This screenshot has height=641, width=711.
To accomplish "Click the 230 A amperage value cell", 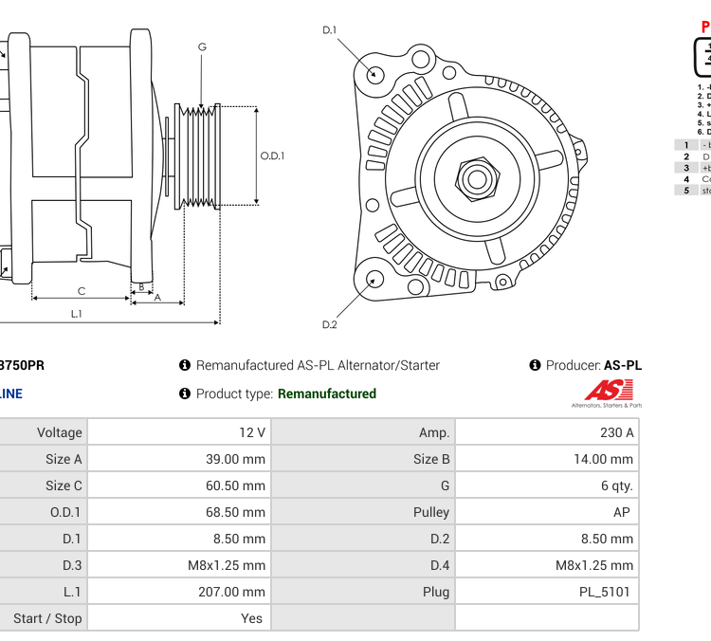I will pyautogui.click(x=547, y=432).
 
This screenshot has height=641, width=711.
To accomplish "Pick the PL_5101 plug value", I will pyautogui.click(x=547, y=592).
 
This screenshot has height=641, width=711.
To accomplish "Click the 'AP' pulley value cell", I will pyautogui.click(x=547, y=512).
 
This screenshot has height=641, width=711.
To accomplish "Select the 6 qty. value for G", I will pyautogui.click(x=547, y=485).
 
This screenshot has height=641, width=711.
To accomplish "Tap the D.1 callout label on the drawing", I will pyautogui.click(x=330, y=30).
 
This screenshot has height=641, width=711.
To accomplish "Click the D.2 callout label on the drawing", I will pyautogui.click(x=330, y=324).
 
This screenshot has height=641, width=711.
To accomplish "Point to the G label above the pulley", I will pyautogui.click(x=202, y=46).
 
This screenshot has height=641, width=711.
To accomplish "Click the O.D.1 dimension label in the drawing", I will pyautogui.click(x=273, y=156).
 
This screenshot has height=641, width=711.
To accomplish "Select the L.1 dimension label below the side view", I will pyautogui.click(x=77, y=313).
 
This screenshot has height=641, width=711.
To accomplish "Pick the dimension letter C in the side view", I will pyautogui.click(x=82, y=291).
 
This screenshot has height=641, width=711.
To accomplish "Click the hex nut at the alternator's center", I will pyautogui.click(x=477, y=177).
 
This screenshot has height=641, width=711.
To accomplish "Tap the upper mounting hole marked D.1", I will pyautogui.click(x=375, y=74).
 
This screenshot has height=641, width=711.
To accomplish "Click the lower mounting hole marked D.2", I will pyautogui.click(x=375, y=279).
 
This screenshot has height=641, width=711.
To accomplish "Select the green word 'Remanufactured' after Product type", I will pyautogui.click(x=326, y=394).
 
